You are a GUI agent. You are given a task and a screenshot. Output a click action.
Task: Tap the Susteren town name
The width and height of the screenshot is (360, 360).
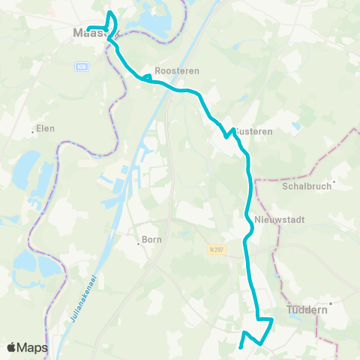255,130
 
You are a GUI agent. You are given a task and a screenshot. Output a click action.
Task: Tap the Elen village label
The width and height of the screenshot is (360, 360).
46,128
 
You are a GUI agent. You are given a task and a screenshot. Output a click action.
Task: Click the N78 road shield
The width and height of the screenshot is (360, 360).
81,67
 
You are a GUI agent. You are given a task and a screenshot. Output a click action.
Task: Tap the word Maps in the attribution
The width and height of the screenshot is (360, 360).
34,347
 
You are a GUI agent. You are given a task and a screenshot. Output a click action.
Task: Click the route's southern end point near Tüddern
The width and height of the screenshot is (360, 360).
239,347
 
